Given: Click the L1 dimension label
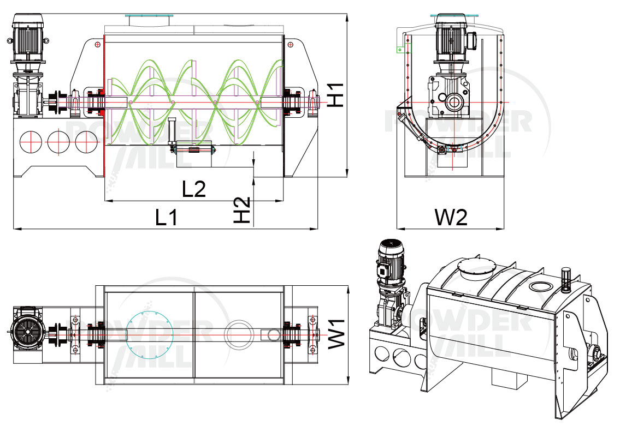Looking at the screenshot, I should click(x=167, y=218).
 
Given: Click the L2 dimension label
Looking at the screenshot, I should click(x=194, y=189).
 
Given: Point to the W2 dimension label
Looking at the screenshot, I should click(x=451, y=218).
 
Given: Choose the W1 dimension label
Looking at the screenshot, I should click(x=337, y=333).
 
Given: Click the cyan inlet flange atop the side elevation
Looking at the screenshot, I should click(x=149, y=16).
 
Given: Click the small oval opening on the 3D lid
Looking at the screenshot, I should click(x=541, y=286).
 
